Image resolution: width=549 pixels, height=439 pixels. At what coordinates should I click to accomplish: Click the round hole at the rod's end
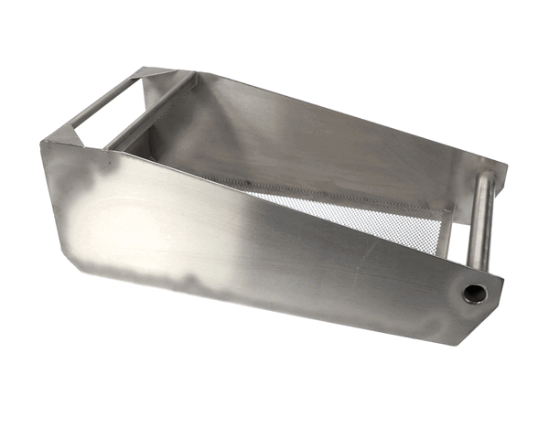[474, 294]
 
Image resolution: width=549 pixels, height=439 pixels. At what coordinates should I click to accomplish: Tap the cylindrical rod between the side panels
[479, 224]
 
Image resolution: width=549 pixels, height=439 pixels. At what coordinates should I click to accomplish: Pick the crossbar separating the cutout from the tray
[151, 114]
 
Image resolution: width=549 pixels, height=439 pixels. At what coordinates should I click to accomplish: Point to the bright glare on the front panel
[119, 219]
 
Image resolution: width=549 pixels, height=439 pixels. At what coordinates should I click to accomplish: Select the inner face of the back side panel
[302, 137]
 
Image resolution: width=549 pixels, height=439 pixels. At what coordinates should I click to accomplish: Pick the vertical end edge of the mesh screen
[445, 234]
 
